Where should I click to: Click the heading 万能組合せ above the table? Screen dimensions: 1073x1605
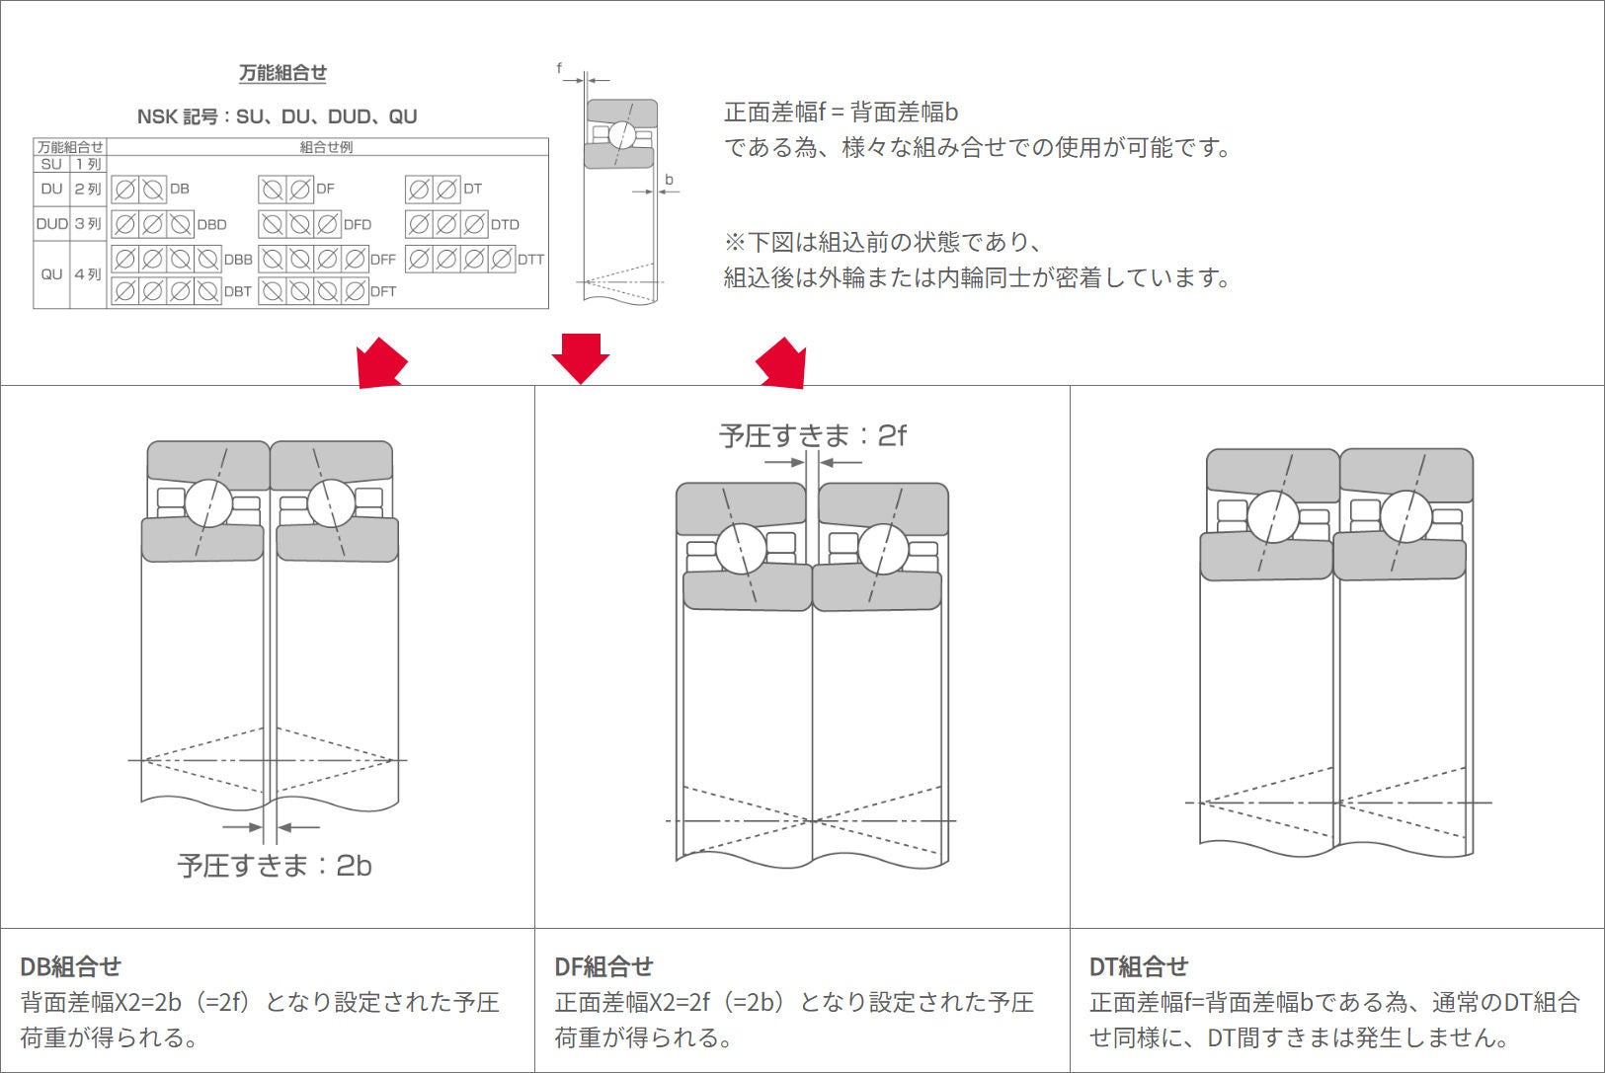[282, 73]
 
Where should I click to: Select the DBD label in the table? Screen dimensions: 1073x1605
[211, 225]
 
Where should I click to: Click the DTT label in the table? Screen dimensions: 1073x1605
[530, 260]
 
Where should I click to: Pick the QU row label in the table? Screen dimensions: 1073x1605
[51, 274]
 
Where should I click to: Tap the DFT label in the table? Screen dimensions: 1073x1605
[383, 292]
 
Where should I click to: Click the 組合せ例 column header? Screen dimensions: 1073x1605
[326, 147]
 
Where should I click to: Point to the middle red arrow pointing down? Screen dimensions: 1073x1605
[580, 357]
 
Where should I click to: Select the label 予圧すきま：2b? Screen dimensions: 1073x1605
[275, 866]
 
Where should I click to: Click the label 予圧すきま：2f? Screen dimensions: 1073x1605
[812, 435]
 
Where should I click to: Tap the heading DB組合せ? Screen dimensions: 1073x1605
[70, 966]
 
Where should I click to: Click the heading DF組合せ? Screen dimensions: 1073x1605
[603, 966]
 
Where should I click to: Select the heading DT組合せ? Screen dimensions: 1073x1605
[1138, 966]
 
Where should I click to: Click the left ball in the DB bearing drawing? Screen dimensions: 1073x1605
[208, 503]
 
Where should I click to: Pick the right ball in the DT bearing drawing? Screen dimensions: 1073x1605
[1405, 515]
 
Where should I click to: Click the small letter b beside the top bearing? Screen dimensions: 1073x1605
[669, 180]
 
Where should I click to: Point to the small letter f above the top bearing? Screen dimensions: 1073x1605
[559, 68]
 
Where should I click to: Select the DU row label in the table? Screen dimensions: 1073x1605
[51, 189]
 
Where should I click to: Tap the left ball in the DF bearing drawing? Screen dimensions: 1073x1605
[741, 549]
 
